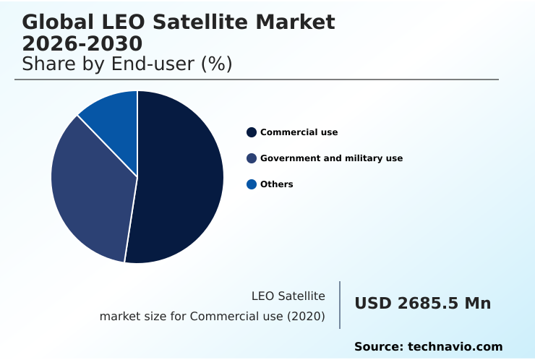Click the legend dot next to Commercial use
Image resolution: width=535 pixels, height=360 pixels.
[x=252, y=132]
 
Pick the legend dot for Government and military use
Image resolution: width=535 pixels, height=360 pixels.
[x=252, y=158]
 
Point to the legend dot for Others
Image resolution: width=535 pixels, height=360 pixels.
[x=252, y=184]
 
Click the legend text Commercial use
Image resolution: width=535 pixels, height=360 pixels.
[x=299, y=132]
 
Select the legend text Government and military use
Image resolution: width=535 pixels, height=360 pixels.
[x=331, y=158]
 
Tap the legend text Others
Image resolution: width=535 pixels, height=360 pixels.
[x=276, y=184]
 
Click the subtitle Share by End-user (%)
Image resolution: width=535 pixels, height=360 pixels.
[x=127, y=64]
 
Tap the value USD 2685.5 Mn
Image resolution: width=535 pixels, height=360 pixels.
[x=422, y=304]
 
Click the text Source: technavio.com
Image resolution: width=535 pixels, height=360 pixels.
[x=428, y=347]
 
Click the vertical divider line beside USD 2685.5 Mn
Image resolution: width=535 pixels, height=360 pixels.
[x=340, y=305]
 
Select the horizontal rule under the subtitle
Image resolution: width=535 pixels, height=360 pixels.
[x=257, y=80]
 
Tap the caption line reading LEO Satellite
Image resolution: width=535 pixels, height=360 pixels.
[x=288, y=296]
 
